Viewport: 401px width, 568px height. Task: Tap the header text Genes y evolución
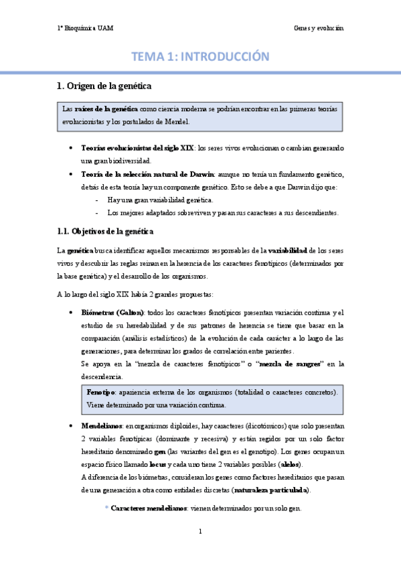coord(318,28)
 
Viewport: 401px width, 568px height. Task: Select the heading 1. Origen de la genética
coord(104,86)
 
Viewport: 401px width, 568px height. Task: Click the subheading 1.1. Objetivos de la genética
coord(105,232)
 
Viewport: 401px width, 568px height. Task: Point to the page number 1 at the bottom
coord(200,532)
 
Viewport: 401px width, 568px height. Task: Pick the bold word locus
coord(158,464)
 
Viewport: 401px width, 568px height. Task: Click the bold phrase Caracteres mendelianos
coord(149,509)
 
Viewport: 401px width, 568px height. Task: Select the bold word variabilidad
coord(293,251)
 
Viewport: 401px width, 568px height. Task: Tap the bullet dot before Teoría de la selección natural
coord(71,174)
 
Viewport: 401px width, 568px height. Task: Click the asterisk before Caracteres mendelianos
coord(106,510)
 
